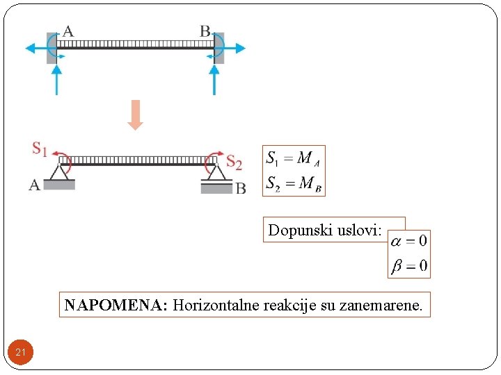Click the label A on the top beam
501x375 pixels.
68,31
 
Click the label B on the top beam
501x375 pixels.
205,31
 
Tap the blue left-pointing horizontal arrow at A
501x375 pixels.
35,48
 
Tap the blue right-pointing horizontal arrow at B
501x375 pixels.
235,48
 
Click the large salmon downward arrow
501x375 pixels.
136,115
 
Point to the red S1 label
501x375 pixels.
40,148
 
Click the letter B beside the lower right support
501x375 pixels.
240,187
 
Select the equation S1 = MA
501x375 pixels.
293,158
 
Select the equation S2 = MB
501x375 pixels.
293,183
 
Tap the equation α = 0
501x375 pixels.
409,241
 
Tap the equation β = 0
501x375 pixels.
409,265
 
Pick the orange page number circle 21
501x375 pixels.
21,353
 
